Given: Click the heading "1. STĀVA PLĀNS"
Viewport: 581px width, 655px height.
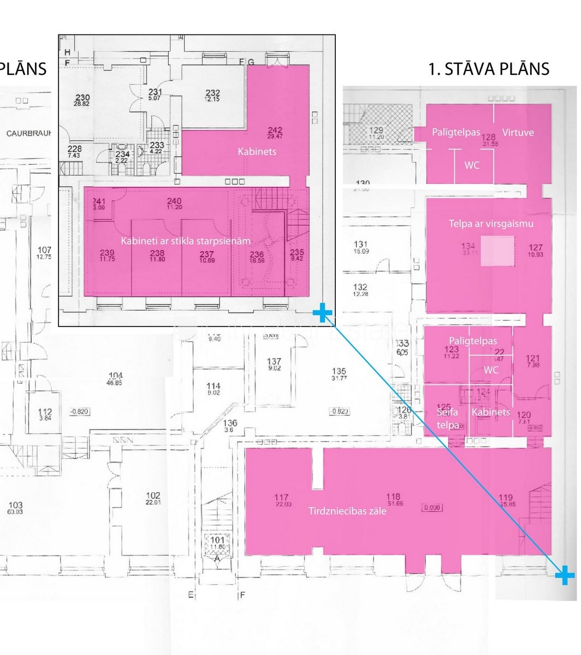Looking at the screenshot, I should tap(489, 69).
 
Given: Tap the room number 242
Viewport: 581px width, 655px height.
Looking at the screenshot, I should tap(275, 130).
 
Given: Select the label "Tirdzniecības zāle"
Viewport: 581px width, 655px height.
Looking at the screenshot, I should tap(347, 511).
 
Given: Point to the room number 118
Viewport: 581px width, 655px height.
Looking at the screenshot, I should tap(393, 497).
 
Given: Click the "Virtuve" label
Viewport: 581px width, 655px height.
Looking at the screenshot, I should tap(518, 132).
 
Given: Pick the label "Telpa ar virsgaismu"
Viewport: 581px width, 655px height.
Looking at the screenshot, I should tap(491, 223).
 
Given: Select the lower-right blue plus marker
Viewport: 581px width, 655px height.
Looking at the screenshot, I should tap(565, 574).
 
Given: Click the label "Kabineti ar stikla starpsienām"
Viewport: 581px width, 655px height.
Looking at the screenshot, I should tap(186, 241).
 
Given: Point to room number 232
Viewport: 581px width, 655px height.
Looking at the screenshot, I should tap(212, 93).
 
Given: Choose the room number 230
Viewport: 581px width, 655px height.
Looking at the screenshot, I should tap(82, 98).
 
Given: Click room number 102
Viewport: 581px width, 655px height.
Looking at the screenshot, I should tap(153, 496).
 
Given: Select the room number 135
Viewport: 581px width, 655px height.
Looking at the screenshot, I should tap(339, 372).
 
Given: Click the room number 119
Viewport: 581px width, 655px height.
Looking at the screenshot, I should tap(506, 497).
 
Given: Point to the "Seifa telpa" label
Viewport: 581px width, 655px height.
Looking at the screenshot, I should tap(447, 418).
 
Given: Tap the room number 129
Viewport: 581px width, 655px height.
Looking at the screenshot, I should tap(377, 130).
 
